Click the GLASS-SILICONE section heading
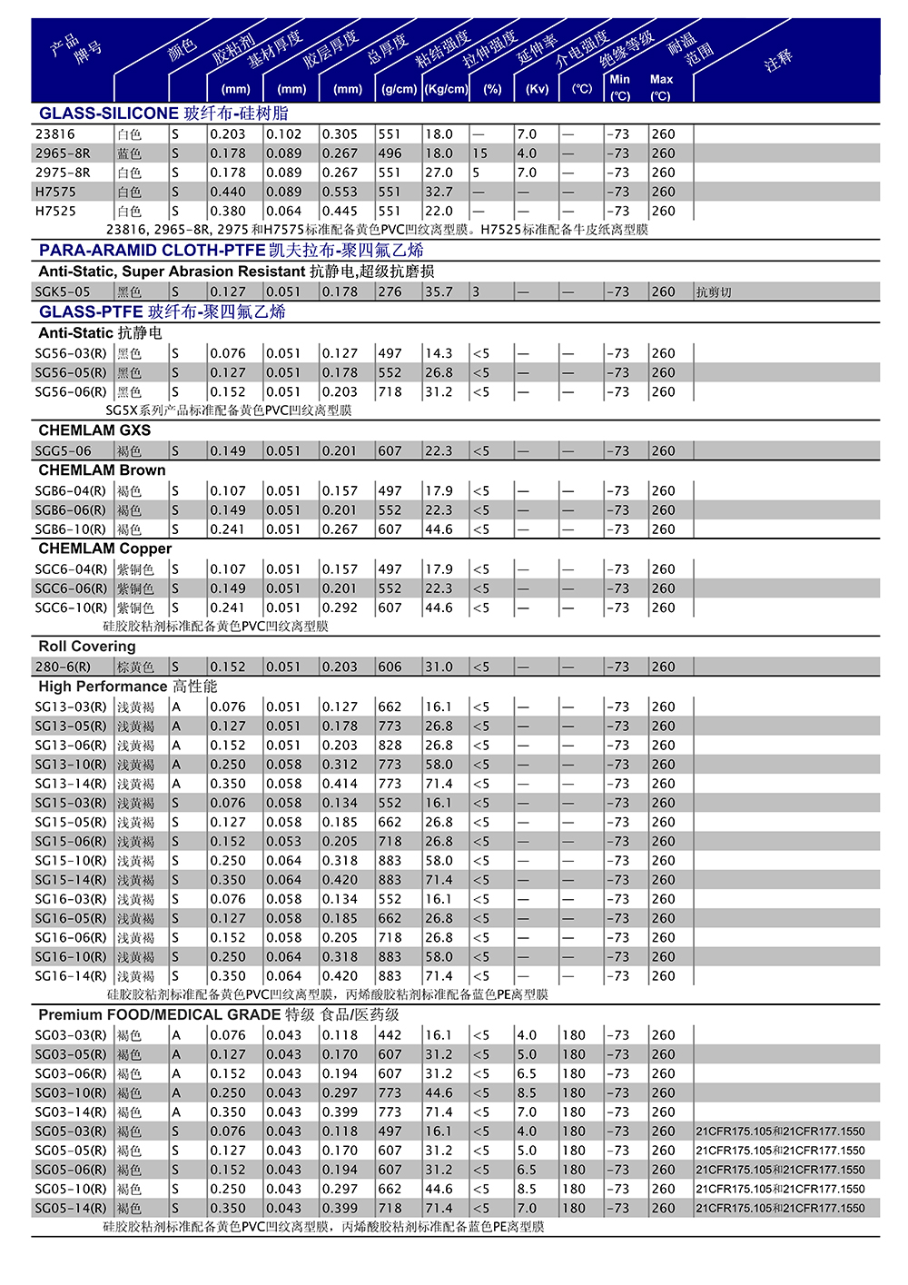coord(163,114)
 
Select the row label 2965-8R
coord(63,153)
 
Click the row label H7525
coord(55,211)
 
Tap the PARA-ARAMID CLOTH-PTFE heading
coord(231,251)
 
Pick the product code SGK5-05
coord(63,292)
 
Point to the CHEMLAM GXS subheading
coord(94,430)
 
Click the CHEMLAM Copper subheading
coord(104,549)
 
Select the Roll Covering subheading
coord(87,647)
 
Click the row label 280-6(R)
coord(63,667)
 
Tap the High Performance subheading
coord(127,687)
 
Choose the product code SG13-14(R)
coord(71,784)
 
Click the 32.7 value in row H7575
coord(439,192)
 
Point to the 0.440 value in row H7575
coord(228,192)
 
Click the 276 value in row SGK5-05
coord(390,292)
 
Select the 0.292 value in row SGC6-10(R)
coord(340,608)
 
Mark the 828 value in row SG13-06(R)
coord(390,745)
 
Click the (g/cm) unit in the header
coord(400,89)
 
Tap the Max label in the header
coord(661,79)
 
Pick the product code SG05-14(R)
coord(71,1209)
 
